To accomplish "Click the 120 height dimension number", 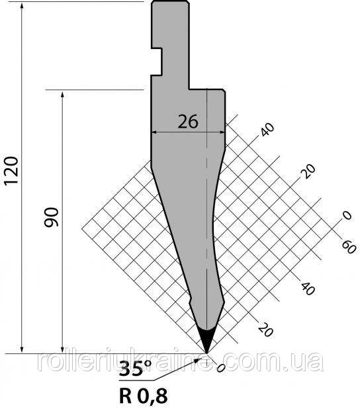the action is tap(11, 170).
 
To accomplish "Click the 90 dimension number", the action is tap(51, 217).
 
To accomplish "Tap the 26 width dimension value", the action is tap(188, 122).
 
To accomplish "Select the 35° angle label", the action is tap(135, 369).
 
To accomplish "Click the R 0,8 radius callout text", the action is tap(143, 396).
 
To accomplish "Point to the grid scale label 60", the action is tap(349, 247).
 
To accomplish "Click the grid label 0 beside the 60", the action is tap(347, 216).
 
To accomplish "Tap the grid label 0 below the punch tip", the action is tap(220, 368).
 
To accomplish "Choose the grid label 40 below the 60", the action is tap(308, 289).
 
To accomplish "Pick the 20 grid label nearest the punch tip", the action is tap(266, 329).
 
